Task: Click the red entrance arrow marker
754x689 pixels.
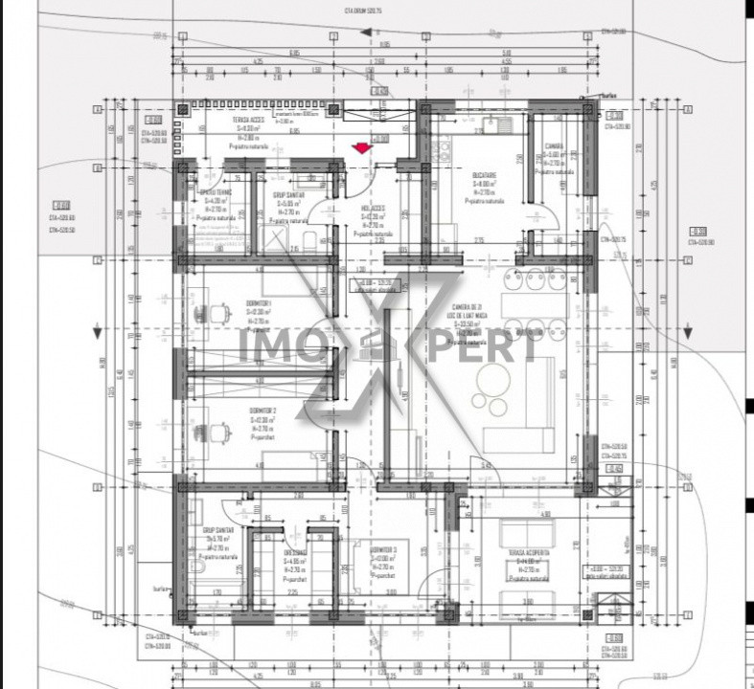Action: coord(361,147)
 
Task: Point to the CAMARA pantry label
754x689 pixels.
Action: coord(555,147)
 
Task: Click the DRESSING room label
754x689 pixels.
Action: coord(294,553)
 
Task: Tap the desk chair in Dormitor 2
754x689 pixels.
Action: coord(219,429)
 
